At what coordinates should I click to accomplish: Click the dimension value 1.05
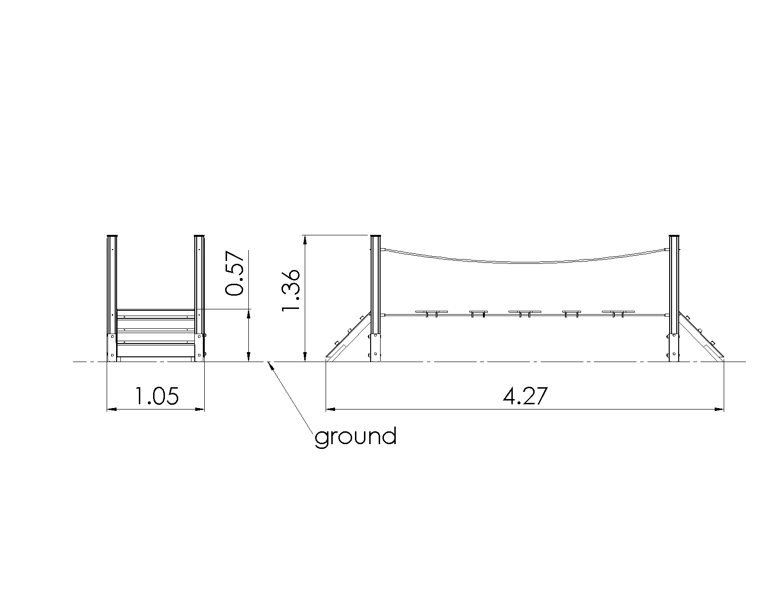(156, 396)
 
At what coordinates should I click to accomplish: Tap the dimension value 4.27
(525, 396)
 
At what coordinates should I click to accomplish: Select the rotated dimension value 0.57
(234, 273)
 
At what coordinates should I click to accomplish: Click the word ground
(355, 437)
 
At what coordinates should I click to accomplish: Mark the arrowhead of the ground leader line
(270, 366)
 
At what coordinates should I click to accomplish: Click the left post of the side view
(375, 298)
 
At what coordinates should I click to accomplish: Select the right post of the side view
(674, 298)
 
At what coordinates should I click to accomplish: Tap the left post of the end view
(112, 298)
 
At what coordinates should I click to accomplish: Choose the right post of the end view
(200, 298)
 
